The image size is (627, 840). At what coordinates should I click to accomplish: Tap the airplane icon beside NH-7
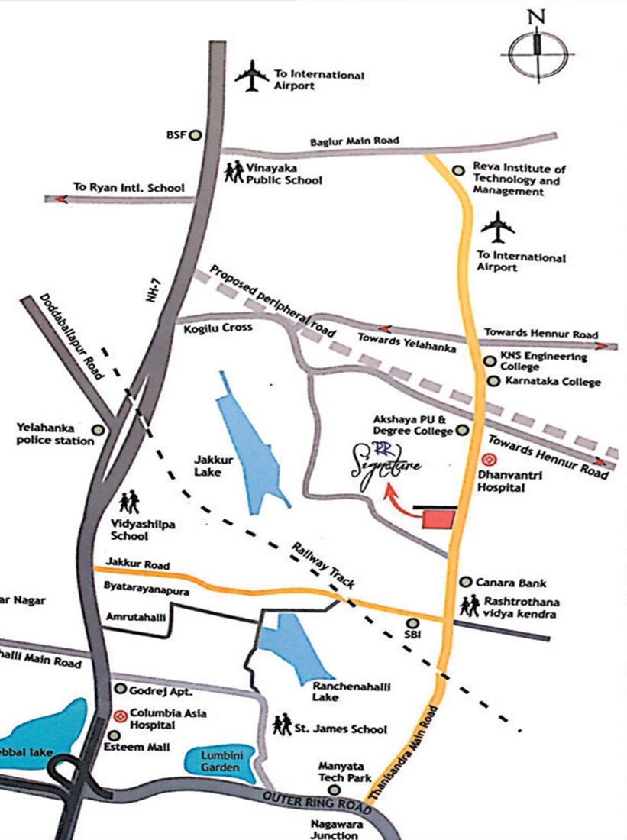pos(252,76)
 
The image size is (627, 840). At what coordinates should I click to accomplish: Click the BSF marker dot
pos(195,135)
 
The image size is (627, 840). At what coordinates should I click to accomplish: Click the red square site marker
pos(438,519)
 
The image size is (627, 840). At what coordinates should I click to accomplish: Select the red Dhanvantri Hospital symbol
pos(492,460)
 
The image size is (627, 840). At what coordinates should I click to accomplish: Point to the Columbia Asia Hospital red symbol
pos(120,716)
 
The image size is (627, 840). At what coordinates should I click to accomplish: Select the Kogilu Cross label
pos(218,328)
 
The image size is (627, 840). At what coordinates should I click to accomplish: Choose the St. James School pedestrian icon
pos(282,722)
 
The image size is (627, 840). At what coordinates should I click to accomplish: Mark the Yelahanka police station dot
pos(98,430)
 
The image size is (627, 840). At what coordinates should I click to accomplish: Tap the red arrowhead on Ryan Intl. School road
pos(57,199)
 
